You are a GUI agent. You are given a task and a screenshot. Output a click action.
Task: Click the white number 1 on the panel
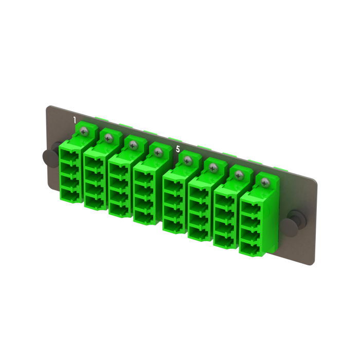(75, 120)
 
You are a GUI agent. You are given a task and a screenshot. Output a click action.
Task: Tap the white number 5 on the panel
(178, 149)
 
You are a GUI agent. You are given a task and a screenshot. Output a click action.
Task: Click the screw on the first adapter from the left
(83, 132)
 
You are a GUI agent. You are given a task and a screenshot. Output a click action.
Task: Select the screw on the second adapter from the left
(108, 138)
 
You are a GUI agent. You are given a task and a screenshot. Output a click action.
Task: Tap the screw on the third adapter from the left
(133, 145)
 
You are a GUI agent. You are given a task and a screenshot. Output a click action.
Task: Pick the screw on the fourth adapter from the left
(158, 152)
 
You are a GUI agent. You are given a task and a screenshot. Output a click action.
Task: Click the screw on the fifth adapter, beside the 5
(186, 159)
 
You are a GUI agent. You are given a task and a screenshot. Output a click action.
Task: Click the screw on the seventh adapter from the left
(238, 174)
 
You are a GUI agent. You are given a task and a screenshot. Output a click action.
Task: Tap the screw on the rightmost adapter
(265, 182)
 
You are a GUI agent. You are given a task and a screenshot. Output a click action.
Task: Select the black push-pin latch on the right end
(296, 219)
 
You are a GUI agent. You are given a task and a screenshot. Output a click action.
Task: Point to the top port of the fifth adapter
(173, 183)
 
